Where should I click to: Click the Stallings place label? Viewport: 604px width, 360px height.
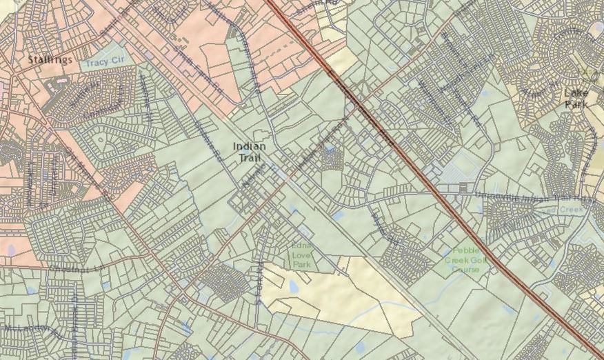pos(50,60)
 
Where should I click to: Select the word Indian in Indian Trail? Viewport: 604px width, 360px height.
pos(249,146)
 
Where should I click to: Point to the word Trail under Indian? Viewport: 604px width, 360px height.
pos(249,158)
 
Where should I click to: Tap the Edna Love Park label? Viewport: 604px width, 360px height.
pos(301,254)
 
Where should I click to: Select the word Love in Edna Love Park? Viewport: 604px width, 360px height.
pos(301,254)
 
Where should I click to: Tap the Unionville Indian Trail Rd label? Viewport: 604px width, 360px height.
pos(531,198)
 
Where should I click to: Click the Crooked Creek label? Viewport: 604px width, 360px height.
pos(565,210)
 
